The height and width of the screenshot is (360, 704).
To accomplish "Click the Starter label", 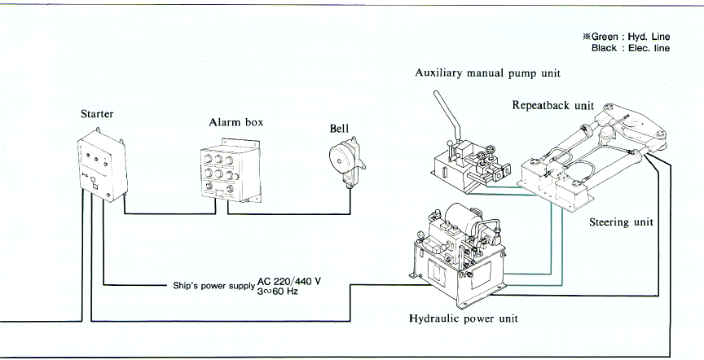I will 97,114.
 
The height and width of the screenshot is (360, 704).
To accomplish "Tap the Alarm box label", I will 235,122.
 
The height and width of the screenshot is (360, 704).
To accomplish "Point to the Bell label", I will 339,129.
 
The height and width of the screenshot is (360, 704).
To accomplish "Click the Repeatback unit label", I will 552,105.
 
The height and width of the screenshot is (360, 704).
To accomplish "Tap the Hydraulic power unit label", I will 463,318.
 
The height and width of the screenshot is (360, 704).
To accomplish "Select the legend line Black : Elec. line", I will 631,48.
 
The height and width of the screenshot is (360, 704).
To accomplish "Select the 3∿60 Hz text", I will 277,292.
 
